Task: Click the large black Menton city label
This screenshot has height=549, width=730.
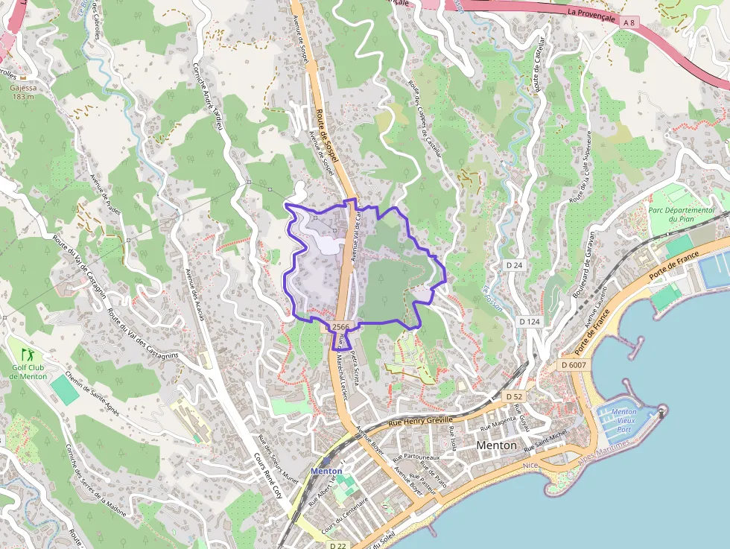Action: pos(496,445)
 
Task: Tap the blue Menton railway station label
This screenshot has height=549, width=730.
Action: pos(326,471)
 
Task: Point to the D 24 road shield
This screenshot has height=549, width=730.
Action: pos(514,265)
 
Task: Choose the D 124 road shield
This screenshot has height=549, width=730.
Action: pos(530,321)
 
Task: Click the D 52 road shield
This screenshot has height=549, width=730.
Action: pos(514,397)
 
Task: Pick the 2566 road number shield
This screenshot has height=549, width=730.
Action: pos(339,327)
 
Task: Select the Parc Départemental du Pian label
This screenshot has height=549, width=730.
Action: pos(681,215)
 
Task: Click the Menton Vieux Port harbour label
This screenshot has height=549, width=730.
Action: pos(623,421)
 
